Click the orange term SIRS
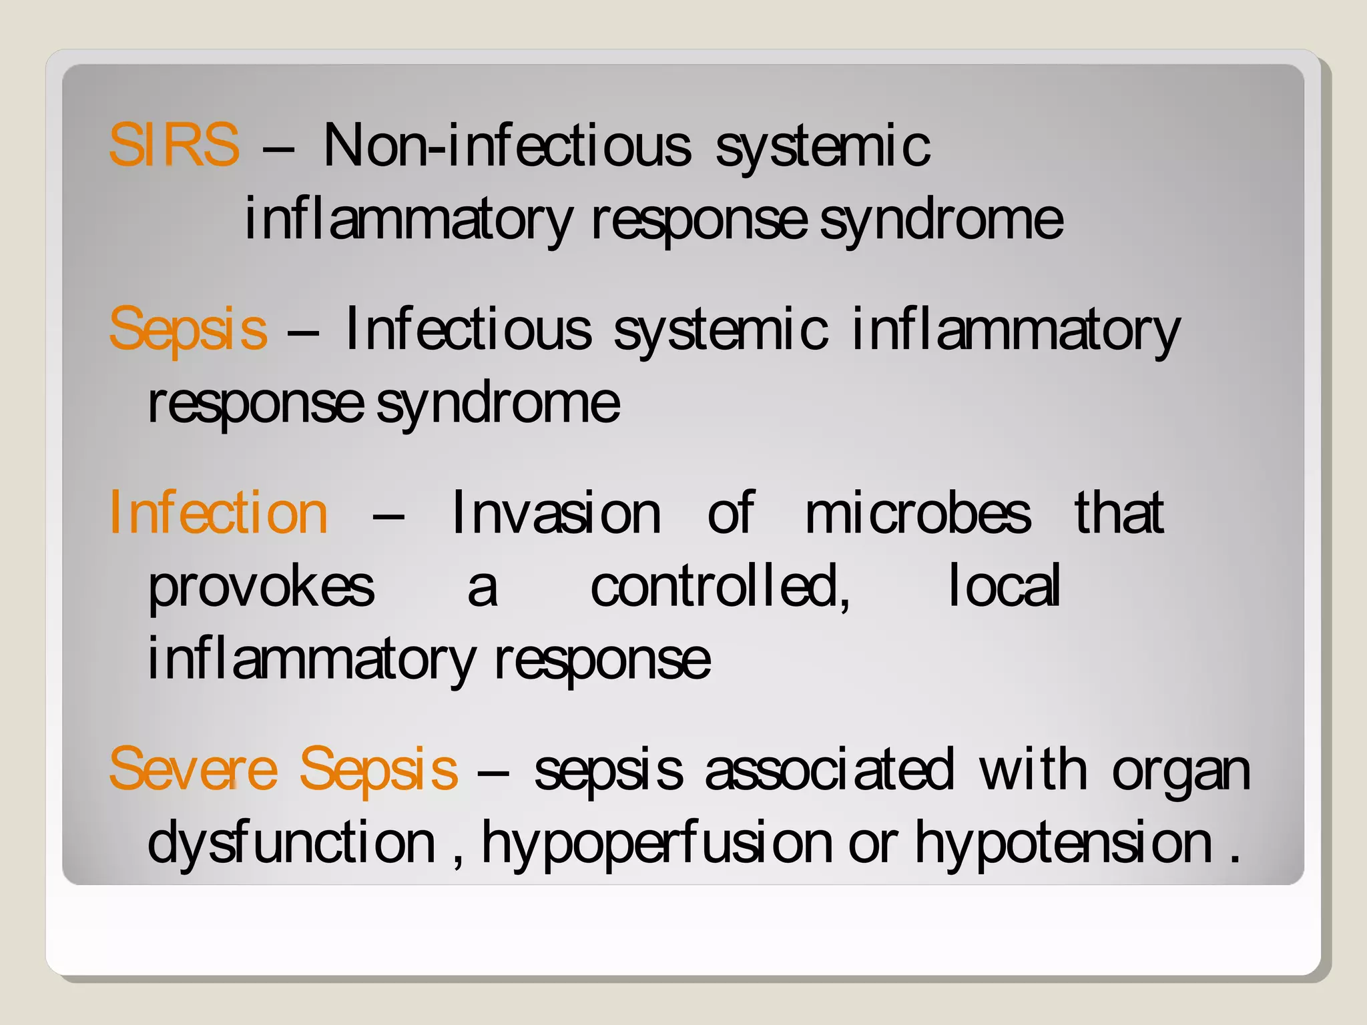click(174, 145)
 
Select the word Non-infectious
click(507, 145)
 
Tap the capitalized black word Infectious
click(468, 328)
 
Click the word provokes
click(261, 587)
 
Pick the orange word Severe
click(193, 769)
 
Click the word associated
click(830, 770)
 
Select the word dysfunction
click(292, 842)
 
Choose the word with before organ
click(1033, 770)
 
